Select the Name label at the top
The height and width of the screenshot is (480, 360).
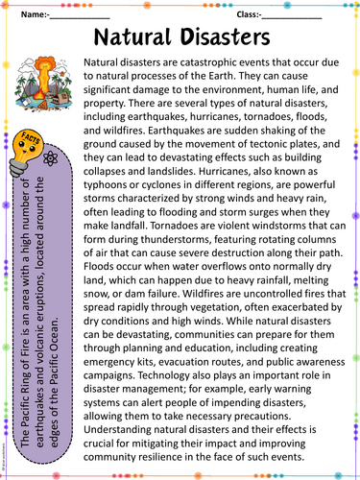[x=33, y=14]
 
